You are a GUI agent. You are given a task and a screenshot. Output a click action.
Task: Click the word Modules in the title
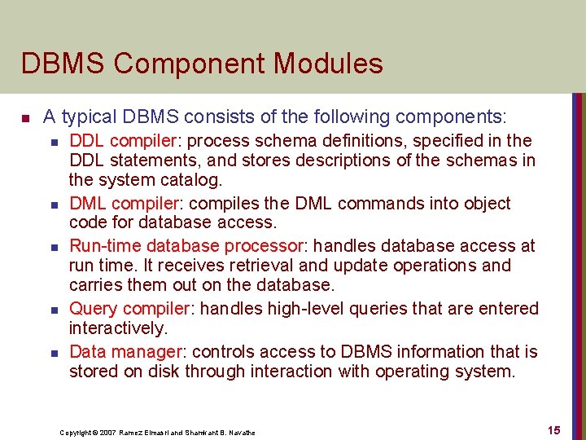click(x=329, y=64)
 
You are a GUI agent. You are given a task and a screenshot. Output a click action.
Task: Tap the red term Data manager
click(x=125, y=352)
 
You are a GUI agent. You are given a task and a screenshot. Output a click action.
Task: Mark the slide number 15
click(x=554, y=429)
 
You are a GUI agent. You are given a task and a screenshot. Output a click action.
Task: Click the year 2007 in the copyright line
click(x=107, y=432)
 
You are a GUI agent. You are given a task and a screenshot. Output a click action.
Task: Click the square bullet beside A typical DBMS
click(x=26, y=118)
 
